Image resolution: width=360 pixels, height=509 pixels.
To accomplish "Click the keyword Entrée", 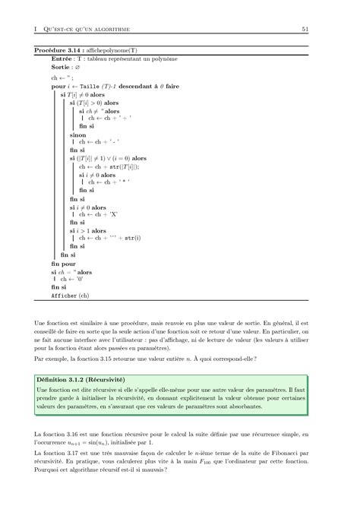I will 62,58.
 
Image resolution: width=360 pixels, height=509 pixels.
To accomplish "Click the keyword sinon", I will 77,134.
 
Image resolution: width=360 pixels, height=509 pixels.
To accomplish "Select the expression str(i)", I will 134,237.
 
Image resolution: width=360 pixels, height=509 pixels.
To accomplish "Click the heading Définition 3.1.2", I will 68,377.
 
